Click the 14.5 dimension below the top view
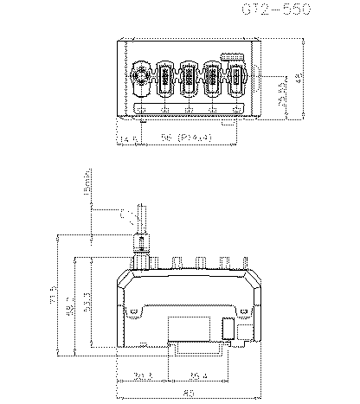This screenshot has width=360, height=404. point(129,138)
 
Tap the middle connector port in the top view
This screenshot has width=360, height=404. point(188,80)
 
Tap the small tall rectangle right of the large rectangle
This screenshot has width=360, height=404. point(228,329)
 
